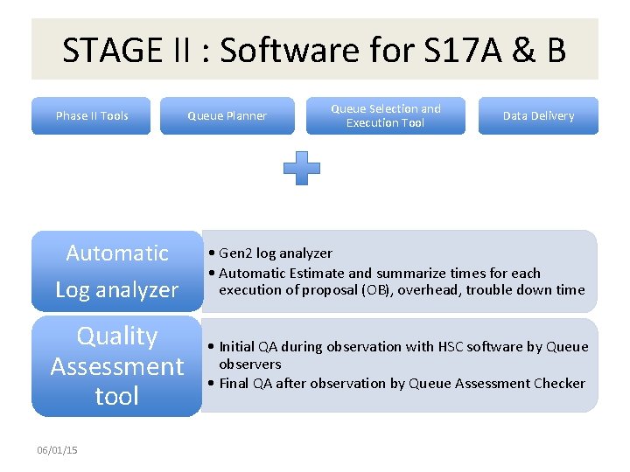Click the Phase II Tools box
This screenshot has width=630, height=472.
click(91, 115)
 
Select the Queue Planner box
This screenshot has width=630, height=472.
click(227, 115)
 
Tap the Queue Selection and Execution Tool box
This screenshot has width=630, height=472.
click(385, 115)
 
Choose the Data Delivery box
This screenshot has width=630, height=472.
click(538, 115)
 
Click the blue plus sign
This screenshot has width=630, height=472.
click(302, 167)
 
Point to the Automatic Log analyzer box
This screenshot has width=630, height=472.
click(116, 271)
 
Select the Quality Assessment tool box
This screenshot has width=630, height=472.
click(116, 366)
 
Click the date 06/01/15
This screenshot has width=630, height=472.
click(57, 450)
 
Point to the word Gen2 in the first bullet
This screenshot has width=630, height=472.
click(235, 253)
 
